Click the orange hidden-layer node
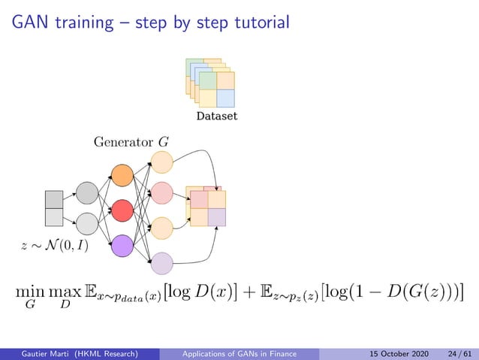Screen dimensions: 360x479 point(122,177)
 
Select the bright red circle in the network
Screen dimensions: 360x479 point(122,211)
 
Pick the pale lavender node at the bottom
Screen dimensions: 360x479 point(162,263)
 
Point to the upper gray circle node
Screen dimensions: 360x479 point(87,194)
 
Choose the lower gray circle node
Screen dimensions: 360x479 point(87,224)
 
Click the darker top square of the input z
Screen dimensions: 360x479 point(54,199)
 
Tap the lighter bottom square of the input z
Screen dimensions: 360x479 point(54,217)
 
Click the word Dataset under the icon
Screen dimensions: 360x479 point(216,116)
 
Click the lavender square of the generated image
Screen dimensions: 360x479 point(217,217)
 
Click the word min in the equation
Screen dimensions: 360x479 point(29,290)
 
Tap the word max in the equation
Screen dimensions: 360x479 point(65,290)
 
